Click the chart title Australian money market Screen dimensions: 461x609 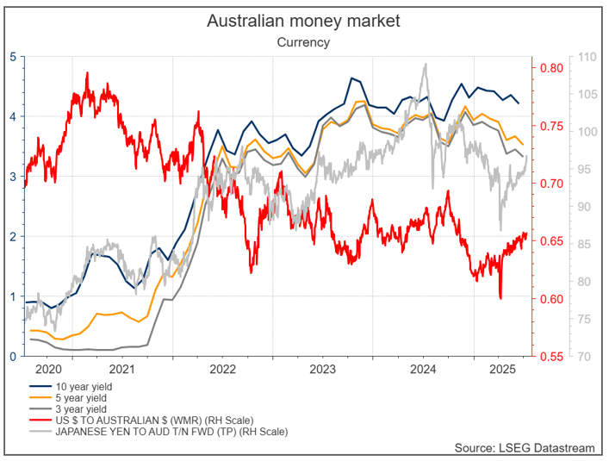pos(303,20)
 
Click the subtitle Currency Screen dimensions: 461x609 pos(303,41)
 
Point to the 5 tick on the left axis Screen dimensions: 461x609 pos(12,57)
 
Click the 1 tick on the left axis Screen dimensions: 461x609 pos(12,296)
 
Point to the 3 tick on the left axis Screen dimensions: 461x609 pos(12,177)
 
